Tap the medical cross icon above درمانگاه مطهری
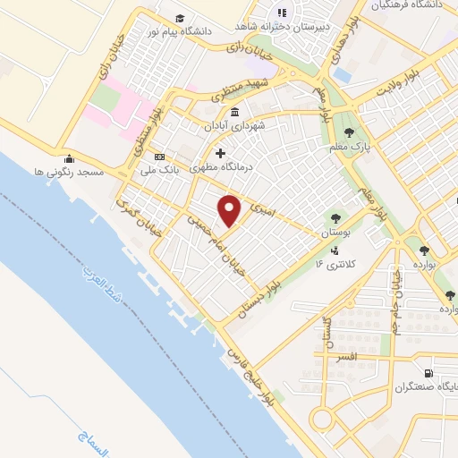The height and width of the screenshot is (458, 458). [x=221, y=152]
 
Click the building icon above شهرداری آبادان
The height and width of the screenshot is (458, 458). [x=234, y=112]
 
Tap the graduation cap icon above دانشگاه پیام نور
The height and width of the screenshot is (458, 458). [x=180, y=18]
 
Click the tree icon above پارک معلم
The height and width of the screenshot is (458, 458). [x=361, y=132]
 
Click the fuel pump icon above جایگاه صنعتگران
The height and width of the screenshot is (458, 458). [x=429, y=374]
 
